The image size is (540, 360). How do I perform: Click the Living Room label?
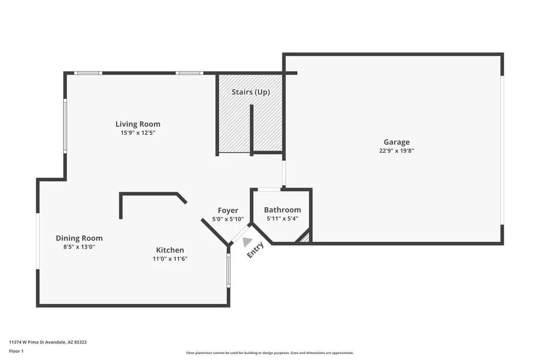tap(138, 124)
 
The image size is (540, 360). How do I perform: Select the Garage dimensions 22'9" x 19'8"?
tap(396, 151)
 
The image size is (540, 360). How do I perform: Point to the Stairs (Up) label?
tap(251, 92)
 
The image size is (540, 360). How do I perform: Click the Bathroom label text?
tap(282, 210)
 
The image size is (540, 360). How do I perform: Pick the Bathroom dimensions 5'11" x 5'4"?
tap(282, 219)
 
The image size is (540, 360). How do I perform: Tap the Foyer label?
tap(228, 210)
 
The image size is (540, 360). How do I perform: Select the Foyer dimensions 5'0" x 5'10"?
tap(228, 219)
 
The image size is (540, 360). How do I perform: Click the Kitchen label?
tap(170, 250)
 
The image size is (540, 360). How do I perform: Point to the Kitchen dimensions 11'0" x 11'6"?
tap(170, 259)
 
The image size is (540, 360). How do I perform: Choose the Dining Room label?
tap(79, 238)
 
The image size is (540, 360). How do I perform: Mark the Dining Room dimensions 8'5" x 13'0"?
tap(79, 247)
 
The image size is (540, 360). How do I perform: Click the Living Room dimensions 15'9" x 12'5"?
tap(138, 133)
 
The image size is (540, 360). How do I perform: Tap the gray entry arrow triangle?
tap(247, 242)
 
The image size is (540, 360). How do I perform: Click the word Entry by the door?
tap(255, 250)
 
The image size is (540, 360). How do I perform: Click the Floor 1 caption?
tap(16, 351)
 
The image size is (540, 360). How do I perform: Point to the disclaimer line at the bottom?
tap(270, 352)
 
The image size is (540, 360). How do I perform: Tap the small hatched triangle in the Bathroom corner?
tap(306, 236)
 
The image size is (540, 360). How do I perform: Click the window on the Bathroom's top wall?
tap(268, 189)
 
